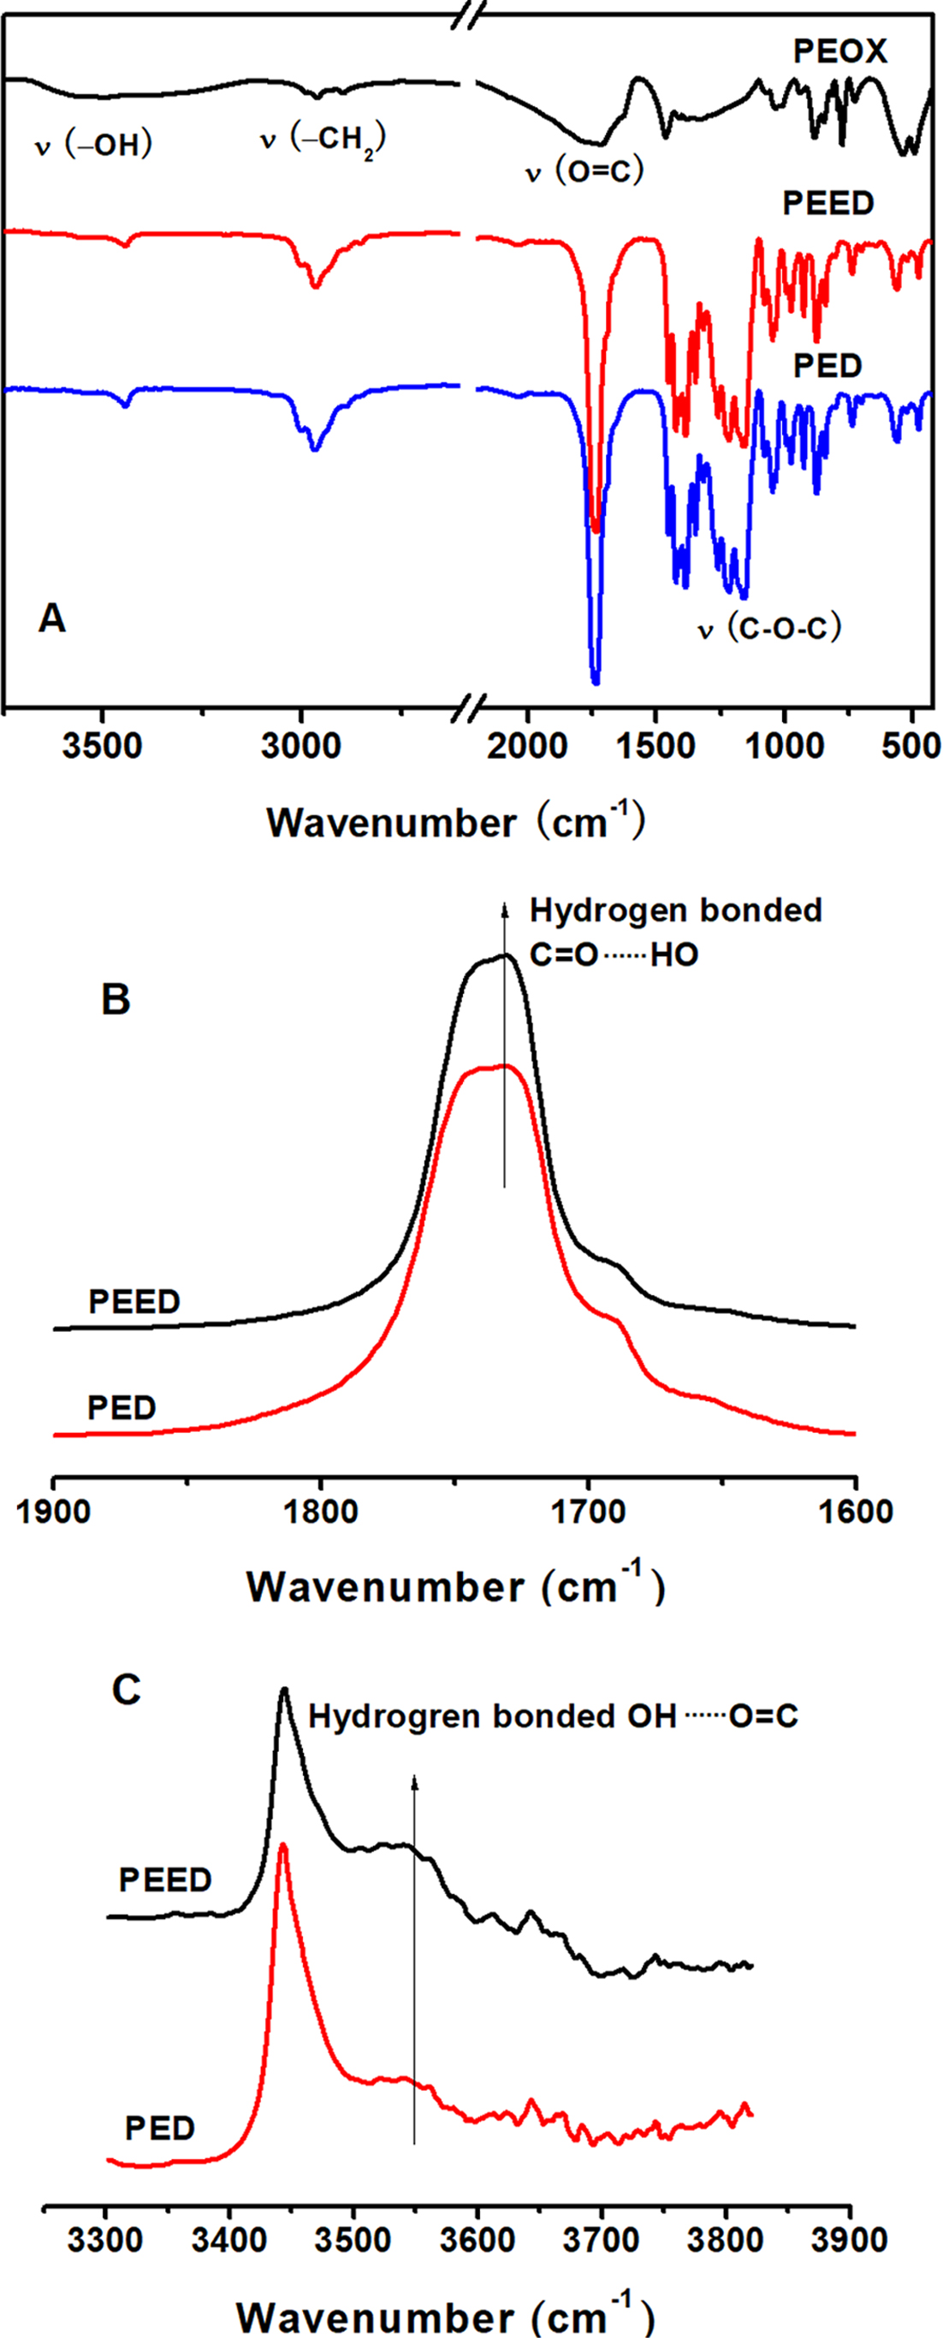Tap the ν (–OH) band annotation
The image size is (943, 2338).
point(92,145)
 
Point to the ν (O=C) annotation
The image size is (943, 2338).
point(584,169)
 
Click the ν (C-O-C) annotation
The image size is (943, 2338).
point(768,628)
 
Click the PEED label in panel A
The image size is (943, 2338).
point(827,204)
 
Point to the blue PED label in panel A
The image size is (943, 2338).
point(827,366)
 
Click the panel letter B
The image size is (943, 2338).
point(116,999)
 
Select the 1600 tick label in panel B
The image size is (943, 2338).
point(855,1513)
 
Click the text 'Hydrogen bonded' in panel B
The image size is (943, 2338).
point(676,909)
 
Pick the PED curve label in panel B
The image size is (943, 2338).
point(122,1408)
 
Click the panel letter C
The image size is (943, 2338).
point(126,1689)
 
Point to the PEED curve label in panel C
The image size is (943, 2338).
point(165,1879)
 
